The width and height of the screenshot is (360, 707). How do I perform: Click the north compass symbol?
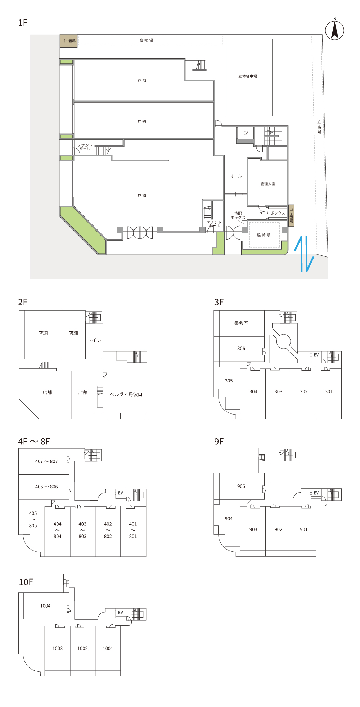pyautogui.click(x=334, y=30)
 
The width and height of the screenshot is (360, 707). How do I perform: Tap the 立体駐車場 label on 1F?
pyautogui.click(x=248, y=76)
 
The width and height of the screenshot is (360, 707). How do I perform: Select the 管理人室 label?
pyautogui.click(x=268, y=184)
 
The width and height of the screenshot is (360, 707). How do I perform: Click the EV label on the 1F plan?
pyautogui.click(x=246, y=133)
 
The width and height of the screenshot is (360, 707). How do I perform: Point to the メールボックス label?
pyautogui.click(x=272, y=213)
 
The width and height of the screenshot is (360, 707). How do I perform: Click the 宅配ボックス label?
pyautogui.click(x=238, y=215)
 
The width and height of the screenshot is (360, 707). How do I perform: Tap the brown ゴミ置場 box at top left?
pyautogui.click(x=68, y=41)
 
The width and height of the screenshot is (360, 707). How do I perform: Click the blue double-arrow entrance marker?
pyautogui.click(x=304, y=254)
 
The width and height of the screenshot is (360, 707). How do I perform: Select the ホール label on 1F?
pyautogui.click(x=236, y=176)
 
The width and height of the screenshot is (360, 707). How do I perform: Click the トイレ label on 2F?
pyautogui.click(x=94, y=340)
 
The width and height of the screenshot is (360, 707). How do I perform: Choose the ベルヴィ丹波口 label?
pyautogui.click(x=126, y=394)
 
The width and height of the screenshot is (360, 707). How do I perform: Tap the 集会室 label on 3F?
pyautogui.click(x=241, y=323)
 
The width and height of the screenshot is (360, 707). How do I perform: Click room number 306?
pyautogui.click(x=241, y=349)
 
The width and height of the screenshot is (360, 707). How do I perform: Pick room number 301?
pyautogui.click(x=329, y=392)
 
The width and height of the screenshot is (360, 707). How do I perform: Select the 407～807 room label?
pyautogui.click(x=46, y=461)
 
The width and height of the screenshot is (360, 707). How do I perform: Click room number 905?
pyautogui.click(x=241, y=487)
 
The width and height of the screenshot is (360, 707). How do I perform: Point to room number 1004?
pyautogui.click(x=45, y=606)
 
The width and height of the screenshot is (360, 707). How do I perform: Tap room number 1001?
pyautogui.click(x=108, y=649)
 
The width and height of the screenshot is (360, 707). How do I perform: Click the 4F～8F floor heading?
pyautogui.click(x=34, y=442)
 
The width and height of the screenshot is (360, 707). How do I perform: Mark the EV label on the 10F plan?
pyautogui.click(x=121, y=613)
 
